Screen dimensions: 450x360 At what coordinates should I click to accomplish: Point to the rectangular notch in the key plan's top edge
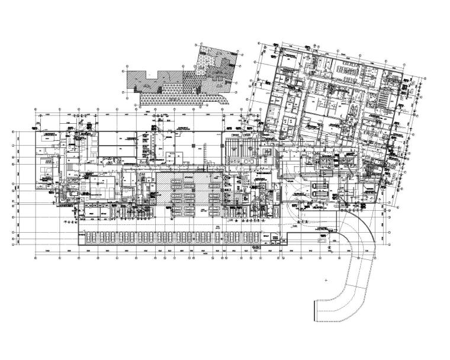153,75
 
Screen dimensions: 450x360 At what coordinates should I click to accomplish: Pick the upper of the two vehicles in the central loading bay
319,186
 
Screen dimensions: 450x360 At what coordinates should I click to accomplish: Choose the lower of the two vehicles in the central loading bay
319,194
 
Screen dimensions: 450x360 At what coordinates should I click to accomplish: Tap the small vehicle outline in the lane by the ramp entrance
322,241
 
